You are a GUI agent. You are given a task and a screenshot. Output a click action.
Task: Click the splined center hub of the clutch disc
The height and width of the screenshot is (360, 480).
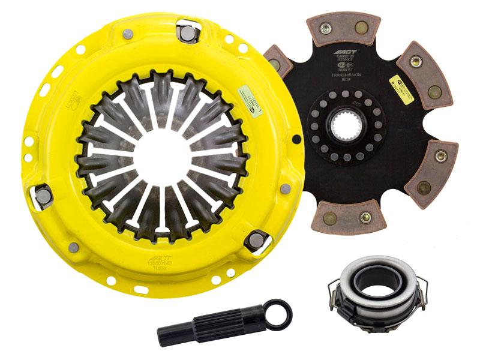(346, 125)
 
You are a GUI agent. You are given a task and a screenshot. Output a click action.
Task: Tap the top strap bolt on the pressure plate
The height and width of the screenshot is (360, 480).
(187, 33)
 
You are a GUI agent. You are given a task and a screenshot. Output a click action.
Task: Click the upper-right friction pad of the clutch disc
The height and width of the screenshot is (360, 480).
(428, 74)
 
